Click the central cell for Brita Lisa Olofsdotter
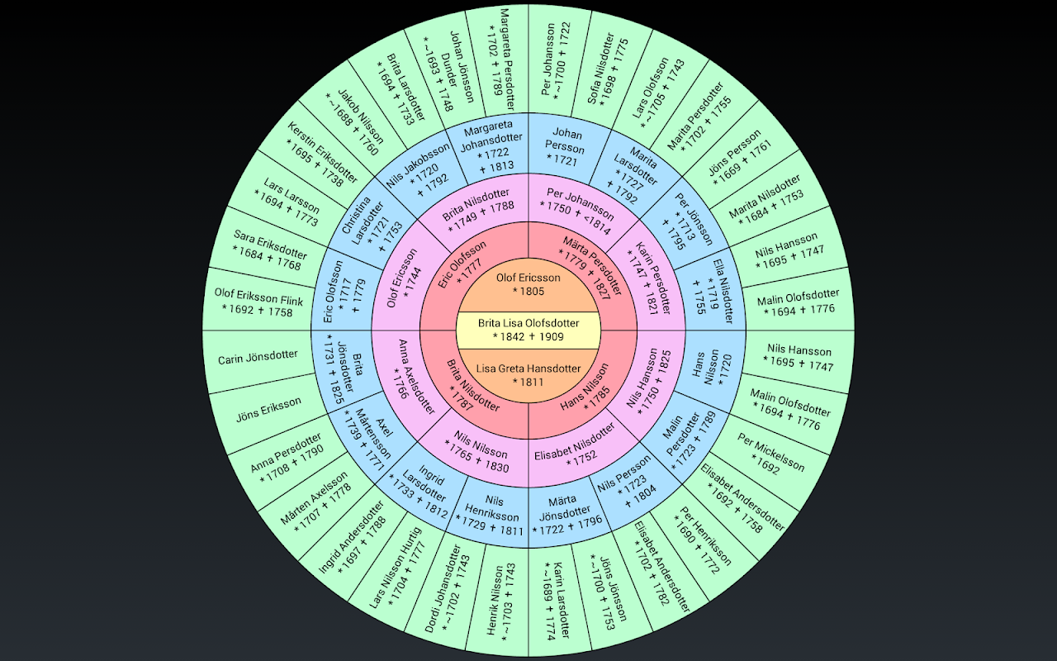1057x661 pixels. coord(528,330)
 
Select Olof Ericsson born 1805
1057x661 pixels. coord(528,284)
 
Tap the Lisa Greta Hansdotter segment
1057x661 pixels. coord(528,374)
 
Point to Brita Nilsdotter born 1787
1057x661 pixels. coord(473,387)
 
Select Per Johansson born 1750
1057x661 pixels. coord(581,209)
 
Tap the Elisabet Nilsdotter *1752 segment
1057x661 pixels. coord(575,445)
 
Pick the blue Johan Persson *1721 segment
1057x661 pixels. coord(567,147)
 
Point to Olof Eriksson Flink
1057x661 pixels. coord(258,302)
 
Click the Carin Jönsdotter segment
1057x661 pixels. coord(258,357)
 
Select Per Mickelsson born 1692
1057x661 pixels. coord(770,454)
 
